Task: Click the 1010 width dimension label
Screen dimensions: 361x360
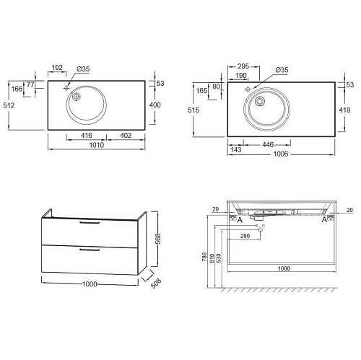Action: coord(97,145)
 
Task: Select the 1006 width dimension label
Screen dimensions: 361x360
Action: coord(281,154)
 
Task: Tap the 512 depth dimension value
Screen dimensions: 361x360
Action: coord(9,105)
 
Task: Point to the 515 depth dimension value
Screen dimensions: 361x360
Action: coord(193,110)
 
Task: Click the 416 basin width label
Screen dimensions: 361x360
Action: coord(87,136)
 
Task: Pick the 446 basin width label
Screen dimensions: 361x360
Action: coord(268,144)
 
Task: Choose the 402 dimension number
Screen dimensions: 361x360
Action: coord(126,136)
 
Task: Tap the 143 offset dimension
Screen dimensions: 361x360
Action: coord(235,149)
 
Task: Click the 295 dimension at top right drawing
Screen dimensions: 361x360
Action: coord(243,66)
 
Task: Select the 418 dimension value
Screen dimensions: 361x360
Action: coord(344,110)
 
